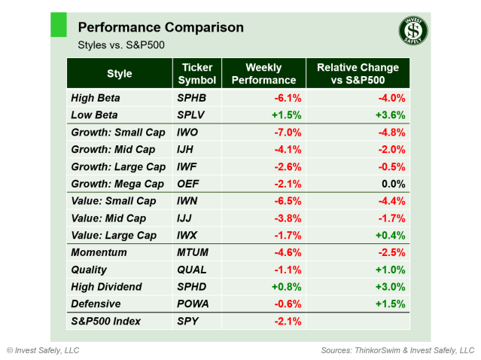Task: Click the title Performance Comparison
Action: (x=160, y=28)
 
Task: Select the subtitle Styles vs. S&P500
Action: (x=121, y=45)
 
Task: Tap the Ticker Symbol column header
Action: (x=197, y=74)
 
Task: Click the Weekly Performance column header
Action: (x=263, y=74)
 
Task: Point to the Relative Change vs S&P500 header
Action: (x=358, y=74)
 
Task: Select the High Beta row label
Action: (x=96, y=98)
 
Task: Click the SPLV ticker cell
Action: (x=191, y=115)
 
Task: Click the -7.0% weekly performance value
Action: (x=285, y=133)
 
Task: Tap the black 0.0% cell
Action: (x=393, y=184)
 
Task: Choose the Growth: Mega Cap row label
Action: (x=117, y=184)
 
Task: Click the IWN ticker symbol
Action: (x=189, y=201)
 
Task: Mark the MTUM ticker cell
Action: (x=193, y=252)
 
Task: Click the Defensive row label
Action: (x=95, y=304)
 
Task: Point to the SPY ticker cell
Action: (x=187, y=322)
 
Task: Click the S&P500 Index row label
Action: (x=105, y=322)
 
